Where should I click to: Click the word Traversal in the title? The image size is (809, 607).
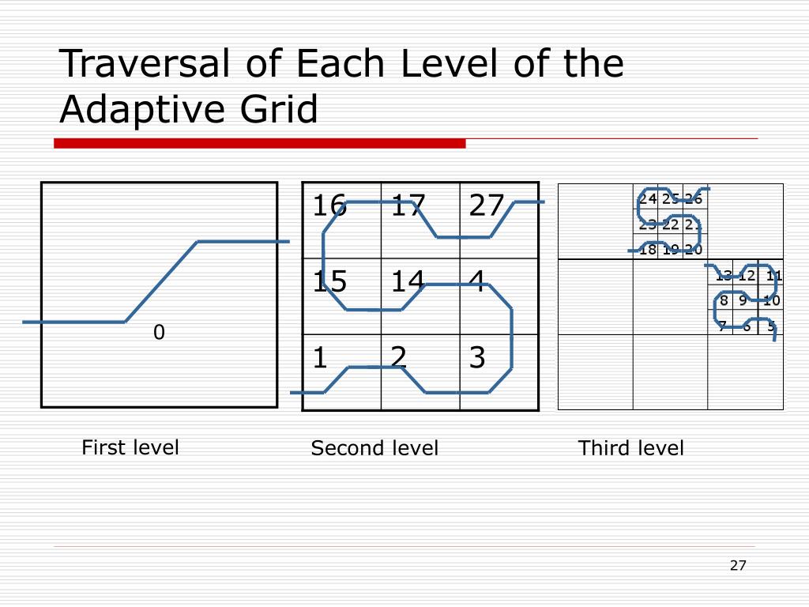tap(145, 64)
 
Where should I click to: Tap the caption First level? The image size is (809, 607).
tap(130, 447)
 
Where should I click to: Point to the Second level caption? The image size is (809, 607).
tap(374, 448)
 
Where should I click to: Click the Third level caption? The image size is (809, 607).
tap(630, 448)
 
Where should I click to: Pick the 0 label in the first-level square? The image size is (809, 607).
tap(159, 333)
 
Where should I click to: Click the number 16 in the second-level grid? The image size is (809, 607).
tap(329, 206)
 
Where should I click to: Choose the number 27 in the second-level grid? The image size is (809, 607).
tap(486, 206)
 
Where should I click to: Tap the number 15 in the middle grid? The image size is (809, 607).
tap(329, 281)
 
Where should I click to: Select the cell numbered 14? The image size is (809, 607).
tap(407, 281)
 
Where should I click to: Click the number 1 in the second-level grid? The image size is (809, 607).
tap(319, 358)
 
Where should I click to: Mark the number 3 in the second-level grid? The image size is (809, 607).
tap(476, 358)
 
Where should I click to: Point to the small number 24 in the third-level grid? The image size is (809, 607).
tap(647, 199)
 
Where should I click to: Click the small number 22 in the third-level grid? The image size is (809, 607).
tap(670, 224)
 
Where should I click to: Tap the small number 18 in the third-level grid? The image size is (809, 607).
tap(647, 250)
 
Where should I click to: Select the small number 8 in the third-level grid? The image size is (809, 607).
tap(723, 300)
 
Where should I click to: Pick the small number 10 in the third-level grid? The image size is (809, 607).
tap(771, 300)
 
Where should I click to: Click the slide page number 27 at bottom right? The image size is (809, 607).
tap(738, 565)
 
